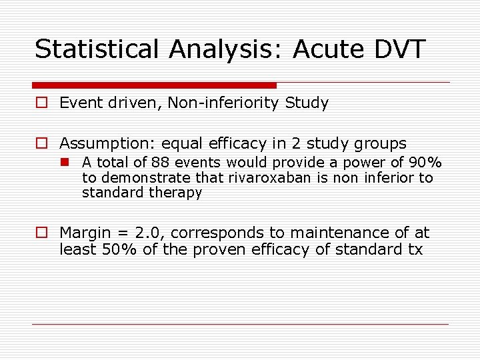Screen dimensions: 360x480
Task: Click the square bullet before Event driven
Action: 41,103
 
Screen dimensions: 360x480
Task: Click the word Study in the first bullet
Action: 307,103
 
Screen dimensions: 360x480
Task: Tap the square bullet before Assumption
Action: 41,143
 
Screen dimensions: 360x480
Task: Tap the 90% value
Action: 425,163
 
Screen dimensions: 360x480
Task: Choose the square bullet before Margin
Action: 41,233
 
